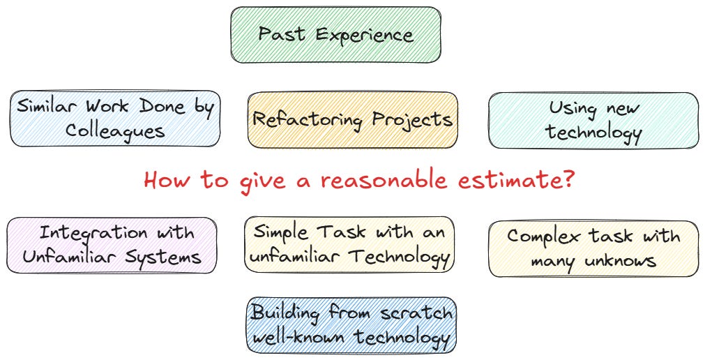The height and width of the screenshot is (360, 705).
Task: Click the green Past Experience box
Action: click(x=335, y=35)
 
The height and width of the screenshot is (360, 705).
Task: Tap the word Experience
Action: click(x=374, y=35)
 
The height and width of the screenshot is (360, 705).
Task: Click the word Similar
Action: click(x=47, y=107)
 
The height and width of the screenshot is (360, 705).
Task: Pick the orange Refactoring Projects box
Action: click(x=352, y=120)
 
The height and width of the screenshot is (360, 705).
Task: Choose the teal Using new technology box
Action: click(x=593, y=120)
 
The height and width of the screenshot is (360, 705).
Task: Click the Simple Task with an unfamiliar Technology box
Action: click(x=349, y=244)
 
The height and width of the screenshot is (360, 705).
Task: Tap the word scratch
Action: click(x=416, y=312)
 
